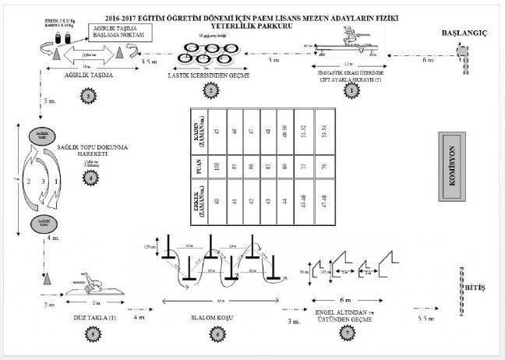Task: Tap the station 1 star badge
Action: (x=351, y=91)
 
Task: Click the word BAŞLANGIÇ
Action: (x=466, y=34)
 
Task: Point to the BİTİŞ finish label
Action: (x=475, y=287)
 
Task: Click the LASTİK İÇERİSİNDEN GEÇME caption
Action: (x=209, y=76)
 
